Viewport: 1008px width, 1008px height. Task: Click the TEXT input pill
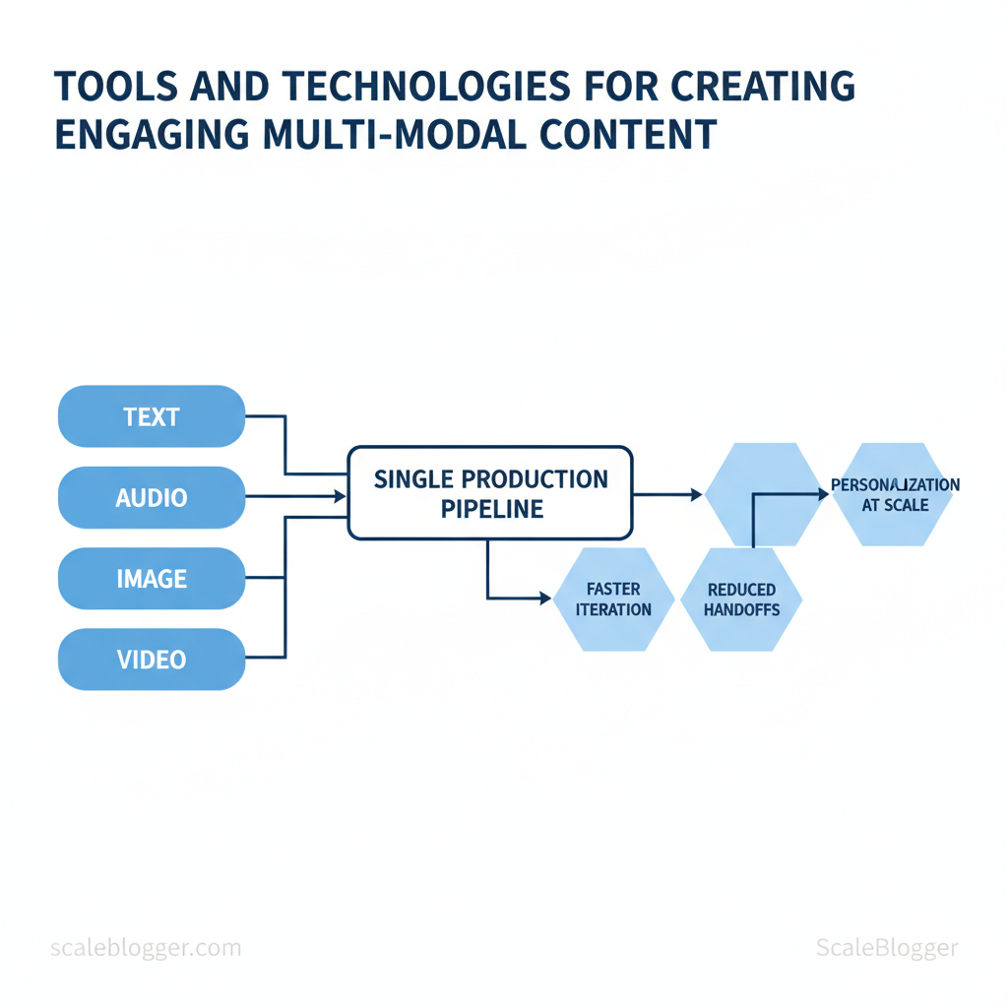coord(152,416)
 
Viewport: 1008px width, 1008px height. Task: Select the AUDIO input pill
coord(152,497)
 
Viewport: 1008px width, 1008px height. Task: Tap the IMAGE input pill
coord(152,579)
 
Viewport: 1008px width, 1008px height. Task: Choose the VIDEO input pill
coord(152,660)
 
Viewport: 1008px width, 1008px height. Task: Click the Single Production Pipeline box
coord(490,493)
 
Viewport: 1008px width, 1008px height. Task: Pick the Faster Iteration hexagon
coord(613,599)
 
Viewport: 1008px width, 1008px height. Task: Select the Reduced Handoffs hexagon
coord(741,599)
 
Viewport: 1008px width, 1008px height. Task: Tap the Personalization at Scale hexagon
coord(895,494)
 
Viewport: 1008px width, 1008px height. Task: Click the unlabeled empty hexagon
coord(765,494)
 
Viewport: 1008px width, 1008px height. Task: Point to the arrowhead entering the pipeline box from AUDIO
coord(341,496)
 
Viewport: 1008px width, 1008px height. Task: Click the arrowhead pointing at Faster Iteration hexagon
coord(545,598)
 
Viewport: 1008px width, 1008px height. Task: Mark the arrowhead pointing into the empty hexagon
coord(696,494)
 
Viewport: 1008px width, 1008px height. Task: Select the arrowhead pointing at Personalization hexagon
coord(824,494)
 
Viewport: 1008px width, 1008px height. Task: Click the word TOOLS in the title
coord(116,87)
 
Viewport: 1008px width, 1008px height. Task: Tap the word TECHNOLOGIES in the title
coord(426,87)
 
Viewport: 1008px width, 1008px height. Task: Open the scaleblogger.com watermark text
coord(146,948)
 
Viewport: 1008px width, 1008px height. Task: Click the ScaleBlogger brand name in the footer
coord(887,948)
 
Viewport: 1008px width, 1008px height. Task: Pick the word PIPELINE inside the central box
coord(492,509)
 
